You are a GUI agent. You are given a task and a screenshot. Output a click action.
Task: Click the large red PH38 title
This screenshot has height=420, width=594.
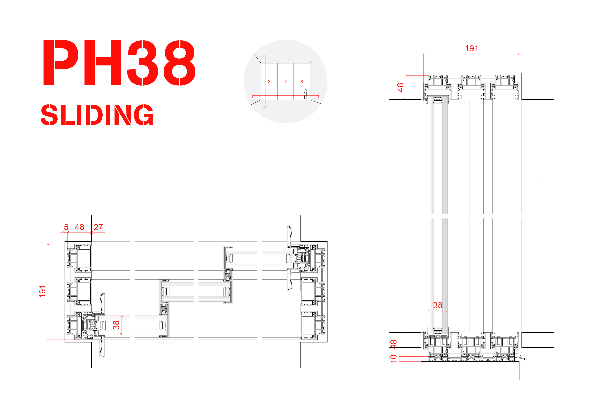pyautogui.click(x=119, y=63)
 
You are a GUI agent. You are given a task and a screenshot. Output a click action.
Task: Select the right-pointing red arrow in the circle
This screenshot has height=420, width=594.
pyautogui.click(x=269, y=81)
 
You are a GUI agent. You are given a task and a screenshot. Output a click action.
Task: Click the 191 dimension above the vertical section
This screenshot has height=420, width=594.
pyautogui.click(x=471, y=49)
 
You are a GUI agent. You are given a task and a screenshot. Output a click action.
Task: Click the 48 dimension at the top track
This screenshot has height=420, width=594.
pyautogui.click(x=400, y=87)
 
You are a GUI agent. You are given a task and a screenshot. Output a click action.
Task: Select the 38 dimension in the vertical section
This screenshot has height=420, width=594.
pyautogui.click(x=438, y=305)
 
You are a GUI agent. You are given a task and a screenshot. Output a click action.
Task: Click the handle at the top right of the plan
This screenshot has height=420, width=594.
pyautogui.click(x=290, y=237)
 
